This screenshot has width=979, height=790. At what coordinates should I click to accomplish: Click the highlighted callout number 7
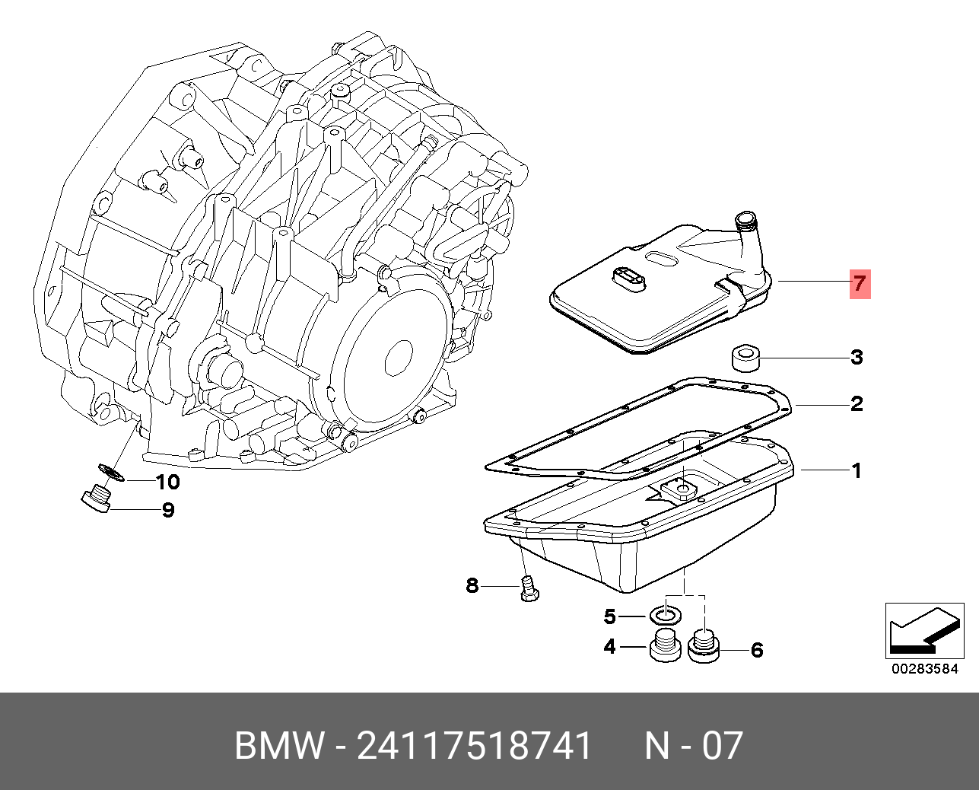click(x=860, y=284)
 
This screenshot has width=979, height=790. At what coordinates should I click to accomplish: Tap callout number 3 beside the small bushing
click(x=857, y=358)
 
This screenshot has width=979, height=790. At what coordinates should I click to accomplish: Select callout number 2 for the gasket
click(x=857, y=404)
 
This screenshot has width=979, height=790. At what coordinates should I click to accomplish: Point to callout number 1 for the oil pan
click(x=857, y=471)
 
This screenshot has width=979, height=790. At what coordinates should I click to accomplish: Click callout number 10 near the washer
click(x=168, y=482)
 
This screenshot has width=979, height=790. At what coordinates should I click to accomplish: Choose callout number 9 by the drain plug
click(x=168, y=510)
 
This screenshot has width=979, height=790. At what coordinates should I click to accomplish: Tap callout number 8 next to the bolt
click(x=472, y=585)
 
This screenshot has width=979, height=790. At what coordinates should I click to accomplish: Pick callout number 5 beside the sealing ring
click(x=610, y=617)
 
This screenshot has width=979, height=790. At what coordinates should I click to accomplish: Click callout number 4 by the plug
click(x=609, y=647)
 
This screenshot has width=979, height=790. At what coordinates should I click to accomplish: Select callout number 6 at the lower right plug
click(x=757, y=650)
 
